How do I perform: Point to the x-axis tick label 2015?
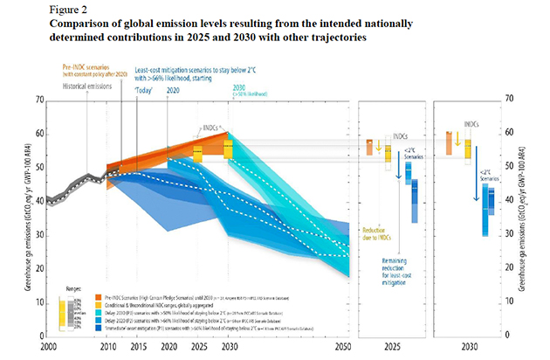pos(137,346)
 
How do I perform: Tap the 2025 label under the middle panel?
pos(393,346)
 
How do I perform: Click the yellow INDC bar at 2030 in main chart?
pos(228,149)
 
